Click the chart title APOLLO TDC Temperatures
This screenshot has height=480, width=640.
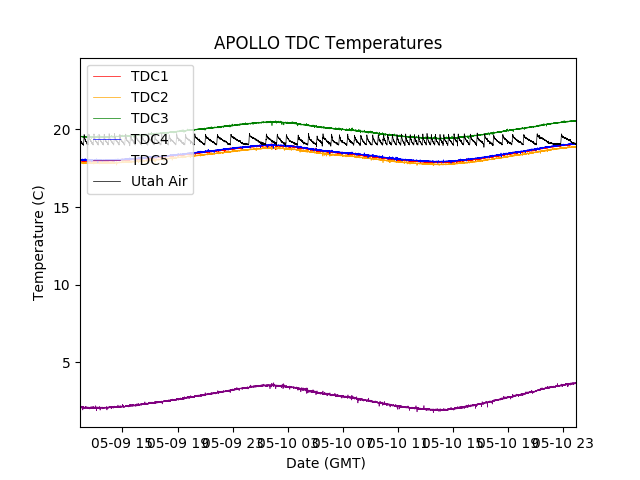point(327,43)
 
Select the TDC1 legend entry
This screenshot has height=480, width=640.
point(149,76)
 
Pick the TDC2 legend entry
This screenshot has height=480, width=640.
point(149,97)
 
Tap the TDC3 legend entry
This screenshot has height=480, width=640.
point(149,118)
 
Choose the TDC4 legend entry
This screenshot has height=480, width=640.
point(149,139)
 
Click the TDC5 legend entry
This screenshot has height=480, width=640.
point(149,160)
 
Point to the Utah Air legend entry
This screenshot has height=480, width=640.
point(159,181)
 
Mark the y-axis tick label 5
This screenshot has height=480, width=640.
point(69,363)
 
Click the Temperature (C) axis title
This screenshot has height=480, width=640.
point(39,242)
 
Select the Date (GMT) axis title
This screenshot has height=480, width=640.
point(326,463)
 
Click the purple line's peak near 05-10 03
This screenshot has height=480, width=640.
point(270,385)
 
